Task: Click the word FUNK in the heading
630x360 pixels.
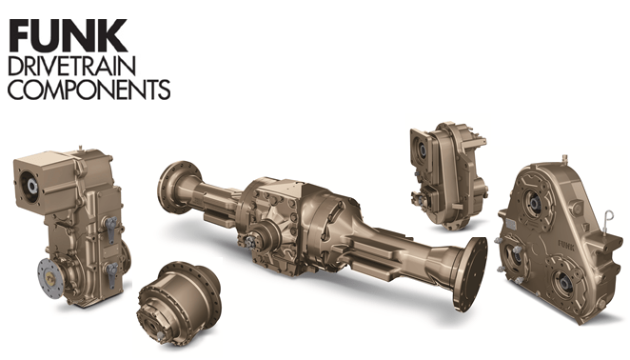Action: click(x=68, y=35)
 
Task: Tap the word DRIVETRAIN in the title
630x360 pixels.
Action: click(x=72, y=66)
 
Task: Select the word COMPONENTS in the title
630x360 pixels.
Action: click(x=89, y=90)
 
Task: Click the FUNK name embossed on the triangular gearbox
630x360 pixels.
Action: click(x=566, y=244)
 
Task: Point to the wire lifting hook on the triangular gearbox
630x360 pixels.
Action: click(x=608, y=220)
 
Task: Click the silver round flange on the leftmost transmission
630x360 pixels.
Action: click(x=51, y=277)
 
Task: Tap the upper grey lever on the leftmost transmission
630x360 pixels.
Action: click(x=111, y=228)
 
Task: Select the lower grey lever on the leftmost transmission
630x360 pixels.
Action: click(x=111, y=274)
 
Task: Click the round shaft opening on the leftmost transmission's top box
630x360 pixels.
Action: click(x=31, y=186)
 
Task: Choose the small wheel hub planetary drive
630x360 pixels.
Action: click(x=179, y=302)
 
